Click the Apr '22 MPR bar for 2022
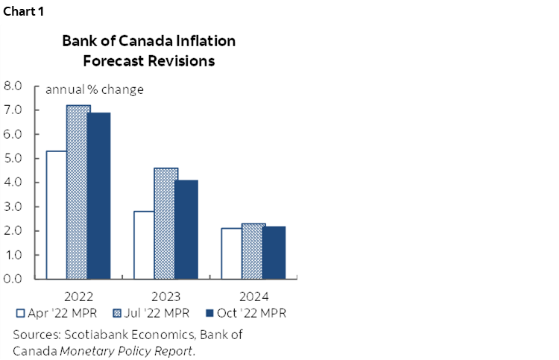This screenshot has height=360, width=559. pyautogui.click(x=57, y=215)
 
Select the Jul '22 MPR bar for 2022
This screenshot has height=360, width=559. pyautogui.click(x=78, y=192)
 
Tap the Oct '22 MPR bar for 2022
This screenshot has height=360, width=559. pyautogui.click(x=100, y=195)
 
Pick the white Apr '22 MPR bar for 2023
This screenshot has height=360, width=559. pyautogui.click(x=144, y=244)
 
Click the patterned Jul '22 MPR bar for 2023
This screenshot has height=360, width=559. pyautogui.click(x=165, y=223)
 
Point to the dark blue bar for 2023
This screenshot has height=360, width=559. pyautogui.click(x=187, y=229)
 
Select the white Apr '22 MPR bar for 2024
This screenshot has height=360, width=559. pyautogui.click(x=231, y=253)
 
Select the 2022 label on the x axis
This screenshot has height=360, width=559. pyautogui.click(x=78, y=294)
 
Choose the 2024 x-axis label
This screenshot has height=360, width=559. pyautogui.click(x=253, y=294)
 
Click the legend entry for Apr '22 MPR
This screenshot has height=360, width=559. pyautogui.click(x=52, y=312)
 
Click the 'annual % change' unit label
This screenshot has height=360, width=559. pyautogui.click(x=95, y=90)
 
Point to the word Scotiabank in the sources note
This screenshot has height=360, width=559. pyautogui.click(x=92, y=335)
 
